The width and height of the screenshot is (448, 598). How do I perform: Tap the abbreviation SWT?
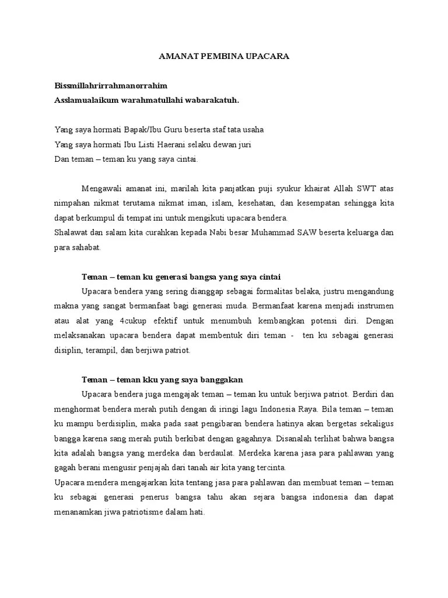pos(366,189)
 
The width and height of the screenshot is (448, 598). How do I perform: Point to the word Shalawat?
pos(72,232)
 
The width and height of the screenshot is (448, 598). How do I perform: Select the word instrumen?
pos(371,305)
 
